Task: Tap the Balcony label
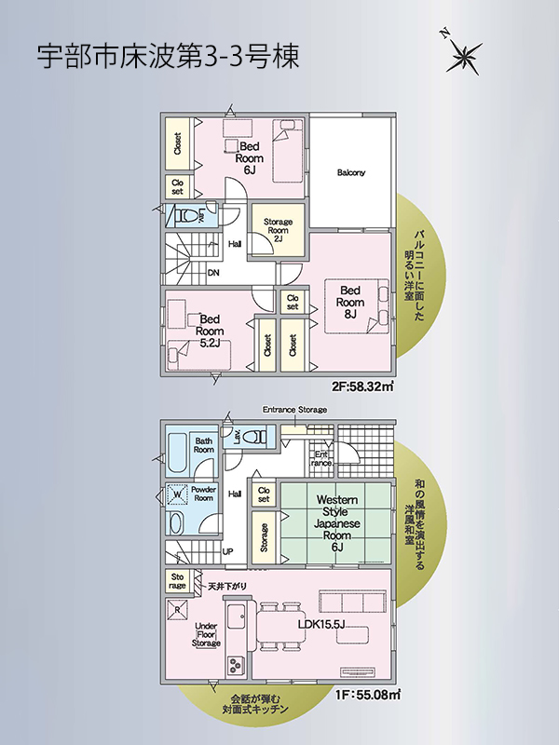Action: [x=351, y=172]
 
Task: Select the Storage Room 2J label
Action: [x=278, y=230]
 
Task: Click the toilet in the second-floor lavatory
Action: [x=186, y=217]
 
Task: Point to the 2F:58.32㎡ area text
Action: [x=362, y=386]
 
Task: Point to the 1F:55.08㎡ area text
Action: [x=367, y=695]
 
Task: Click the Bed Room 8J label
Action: [x=350, y=302]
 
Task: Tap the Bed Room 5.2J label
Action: [x=210, y=332]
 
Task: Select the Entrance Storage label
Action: [x=294, y=410]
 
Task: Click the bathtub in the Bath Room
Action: [x=178, y=453]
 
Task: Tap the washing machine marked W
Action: [x=177, y=494]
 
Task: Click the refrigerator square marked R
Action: [x=177, y=610]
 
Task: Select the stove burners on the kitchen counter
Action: [x=236, y=665]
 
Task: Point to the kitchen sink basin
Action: [x=236, y=617]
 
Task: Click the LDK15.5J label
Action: [x=321, y=625]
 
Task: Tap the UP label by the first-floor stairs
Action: [x=227, y=551]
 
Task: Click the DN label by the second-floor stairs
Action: [x=214, y=273]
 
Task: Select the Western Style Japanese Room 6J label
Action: [x=337, y=523]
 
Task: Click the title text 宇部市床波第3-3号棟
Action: [x=169, y=57]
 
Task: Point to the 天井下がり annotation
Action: [x=227, y=587]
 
